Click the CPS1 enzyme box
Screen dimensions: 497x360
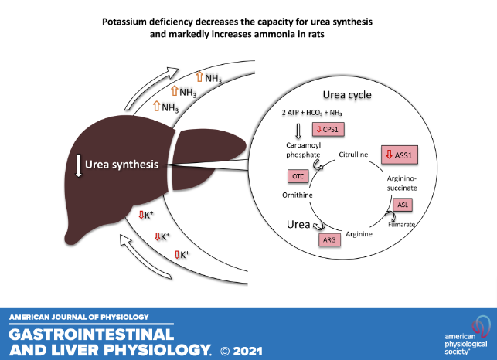point(329,129)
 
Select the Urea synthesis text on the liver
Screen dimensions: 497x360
point(123,164)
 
